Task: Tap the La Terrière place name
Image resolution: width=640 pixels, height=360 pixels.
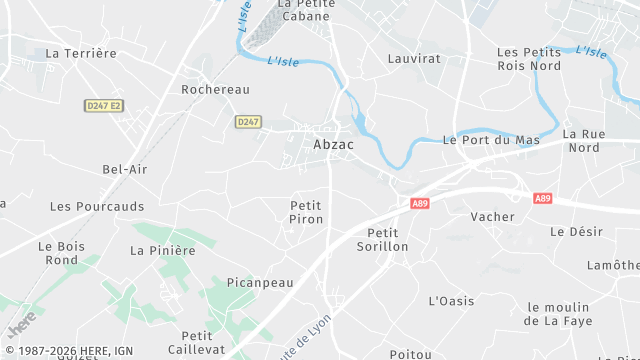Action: tap(81, 53)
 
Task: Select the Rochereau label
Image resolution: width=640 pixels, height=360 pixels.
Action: tap(215, 89)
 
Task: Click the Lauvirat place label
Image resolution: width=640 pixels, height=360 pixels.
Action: tap(414, 59)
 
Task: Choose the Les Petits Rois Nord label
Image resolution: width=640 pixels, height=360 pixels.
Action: tap(529, 58)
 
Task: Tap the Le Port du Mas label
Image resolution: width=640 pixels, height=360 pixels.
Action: tap(491, 140)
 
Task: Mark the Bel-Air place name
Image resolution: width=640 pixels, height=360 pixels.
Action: tap(125, 169)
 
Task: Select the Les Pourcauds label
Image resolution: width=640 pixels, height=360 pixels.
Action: tap(97, 206)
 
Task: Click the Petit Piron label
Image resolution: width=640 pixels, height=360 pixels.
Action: tap(307, 211)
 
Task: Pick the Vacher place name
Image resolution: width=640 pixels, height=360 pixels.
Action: tap(492, 216)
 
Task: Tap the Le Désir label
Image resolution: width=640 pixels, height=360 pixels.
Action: tap(577, 231)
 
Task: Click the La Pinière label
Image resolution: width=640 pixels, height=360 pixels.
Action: tap(163, 250)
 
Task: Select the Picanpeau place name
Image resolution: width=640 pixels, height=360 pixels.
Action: tap(260, 283)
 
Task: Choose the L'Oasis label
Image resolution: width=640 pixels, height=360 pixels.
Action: tap(451, 300)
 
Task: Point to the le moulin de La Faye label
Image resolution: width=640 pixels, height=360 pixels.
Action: tap(560, 314)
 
